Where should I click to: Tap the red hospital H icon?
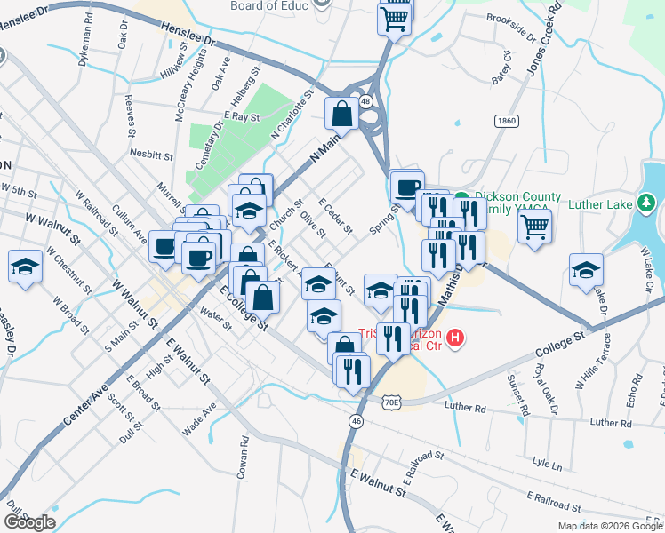pos(455,338)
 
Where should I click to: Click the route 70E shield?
pos(392,402)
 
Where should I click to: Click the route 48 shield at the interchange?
pos(365,101)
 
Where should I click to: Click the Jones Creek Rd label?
pos(544,44)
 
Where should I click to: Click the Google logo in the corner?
pos(29,521)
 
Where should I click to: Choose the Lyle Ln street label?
pos(547,465)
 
